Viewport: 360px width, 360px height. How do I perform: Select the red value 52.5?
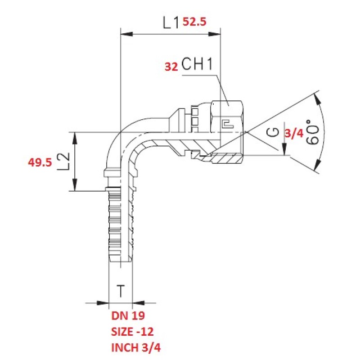pos(194,22)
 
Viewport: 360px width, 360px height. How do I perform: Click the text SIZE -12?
pos(132,332)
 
